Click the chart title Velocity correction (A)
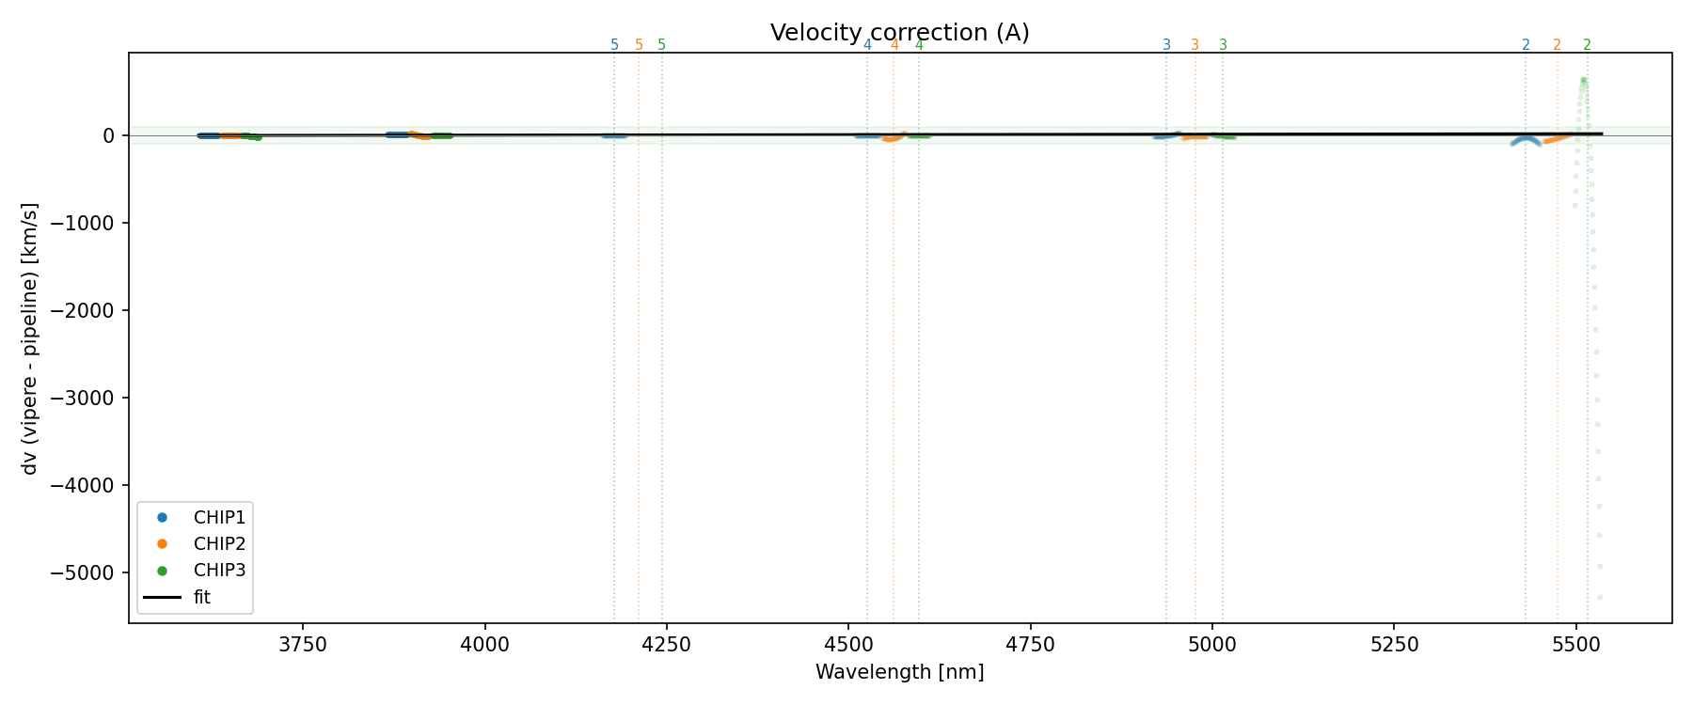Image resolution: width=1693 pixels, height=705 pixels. tap(899, 33)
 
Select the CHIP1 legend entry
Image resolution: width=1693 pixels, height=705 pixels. tap(219, 517)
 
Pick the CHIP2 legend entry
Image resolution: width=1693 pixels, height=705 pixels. tap(219, 543)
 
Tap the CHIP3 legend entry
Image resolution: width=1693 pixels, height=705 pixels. tap(219, 570)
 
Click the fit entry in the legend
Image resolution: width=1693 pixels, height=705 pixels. tap(202, 597)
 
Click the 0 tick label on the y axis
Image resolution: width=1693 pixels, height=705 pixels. tap(109, 135)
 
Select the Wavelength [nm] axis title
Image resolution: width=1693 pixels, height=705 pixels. tap(899, 672)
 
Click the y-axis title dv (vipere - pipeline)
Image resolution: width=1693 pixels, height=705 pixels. tap(30, 337)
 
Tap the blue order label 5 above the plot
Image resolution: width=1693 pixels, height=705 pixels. tap(614, 45)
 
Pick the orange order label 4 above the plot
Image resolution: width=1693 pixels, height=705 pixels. tap(894, 45)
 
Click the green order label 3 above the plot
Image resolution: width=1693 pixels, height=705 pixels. tap(1223, 45)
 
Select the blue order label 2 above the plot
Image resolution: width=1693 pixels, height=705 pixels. tap(1526, 45)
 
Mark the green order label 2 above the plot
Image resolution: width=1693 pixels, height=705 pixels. tap(1587, 45)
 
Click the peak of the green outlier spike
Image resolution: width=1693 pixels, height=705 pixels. tap(1583, 80)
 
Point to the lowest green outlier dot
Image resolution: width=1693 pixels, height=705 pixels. tap(1600, 597)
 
